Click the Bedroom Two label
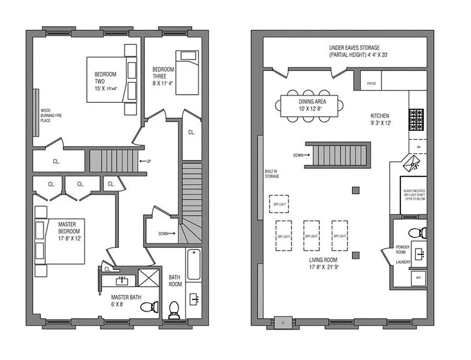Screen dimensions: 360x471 pyautogui.click(x=105, y=81)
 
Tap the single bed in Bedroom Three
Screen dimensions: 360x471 pyautogui.click(x=186, y=72)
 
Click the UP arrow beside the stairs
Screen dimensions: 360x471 pyautogui.click(x=144, y=161)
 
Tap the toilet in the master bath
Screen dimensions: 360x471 pyautogui.click(x=149, y=307)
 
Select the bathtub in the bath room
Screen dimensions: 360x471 pyautogui.click(x=193, y=264)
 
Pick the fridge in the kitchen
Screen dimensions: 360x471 pyautogui.click(x=371, y=84)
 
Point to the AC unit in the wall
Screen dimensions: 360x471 pyautogui.click(x=283, y=323)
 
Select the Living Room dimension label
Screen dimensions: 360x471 pyautogui.click(x=323, y=267)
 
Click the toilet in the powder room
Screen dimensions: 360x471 pyautogui.click(x=417, y=233)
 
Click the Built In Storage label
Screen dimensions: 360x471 pyautogui.click(x=272, y=173)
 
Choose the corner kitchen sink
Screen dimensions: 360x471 pyautogui.click(x=413, y=163)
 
